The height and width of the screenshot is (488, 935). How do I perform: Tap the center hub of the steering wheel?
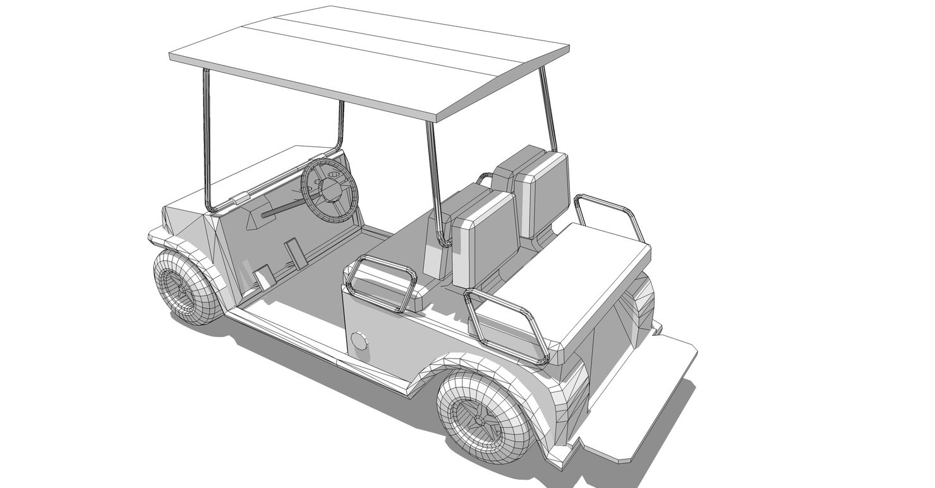click(x=330, y=189)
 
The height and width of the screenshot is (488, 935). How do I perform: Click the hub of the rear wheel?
click(x=480, y=418)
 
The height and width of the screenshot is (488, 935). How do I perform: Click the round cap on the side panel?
click(x=359, y=341)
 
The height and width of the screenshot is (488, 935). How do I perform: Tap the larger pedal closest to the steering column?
click(x=294, y=253)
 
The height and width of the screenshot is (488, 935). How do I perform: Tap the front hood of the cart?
click(x=253, y=174)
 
